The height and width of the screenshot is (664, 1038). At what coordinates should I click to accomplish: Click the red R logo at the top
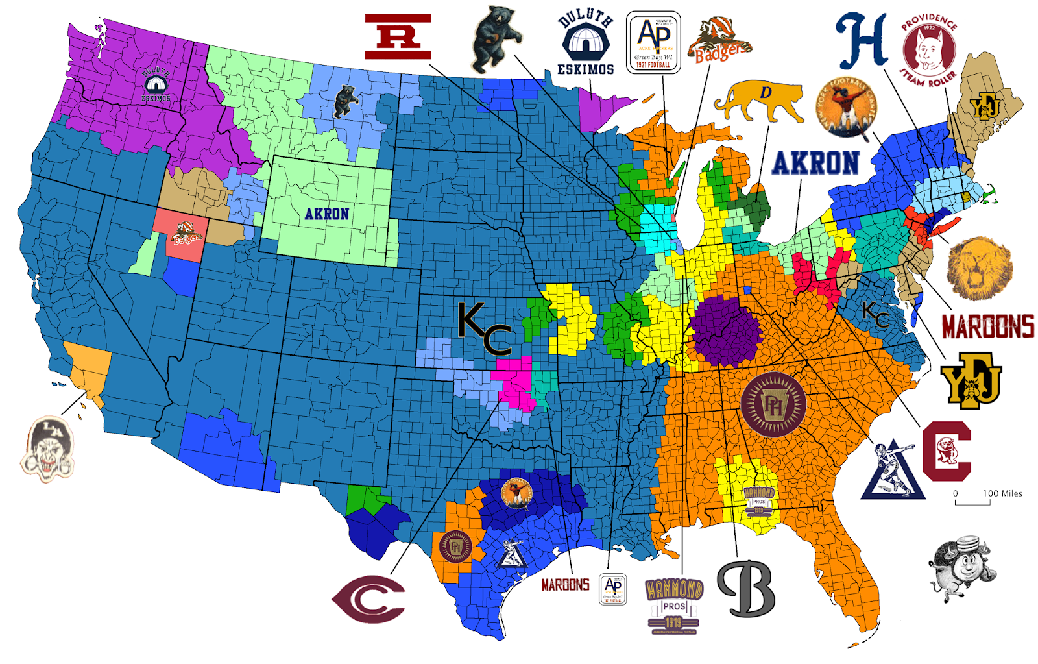pyautogui.click(x=398, y=36)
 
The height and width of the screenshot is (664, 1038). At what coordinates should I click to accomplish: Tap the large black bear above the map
pyautogui.click(x=495, y=39)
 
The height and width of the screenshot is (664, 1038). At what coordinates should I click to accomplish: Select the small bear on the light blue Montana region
pyautogui.click(x=344, y=102)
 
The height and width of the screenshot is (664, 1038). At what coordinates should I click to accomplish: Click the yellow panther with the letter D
pyautogui.click(x=758, y=101)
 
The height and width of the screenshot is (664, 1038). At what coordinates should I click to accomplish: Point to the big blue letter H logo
pyautogui.click(x=861, y=42)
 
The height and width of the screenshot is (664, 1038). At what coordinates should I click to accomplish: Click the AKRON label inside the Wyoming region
pyautogui.click(x=327, y=214)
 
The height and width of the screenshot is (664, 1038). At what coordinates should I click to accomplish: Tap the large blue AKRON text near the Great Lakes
pyautogui.click(x=815, y=163)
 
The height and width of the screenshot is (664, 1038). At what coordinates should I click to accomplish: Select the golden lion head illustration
pyautogui.click(x=979, y=268)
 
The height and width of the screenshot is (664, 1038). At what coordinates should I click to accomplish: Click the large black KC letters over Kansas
pyautogui.click(x=484, y=328)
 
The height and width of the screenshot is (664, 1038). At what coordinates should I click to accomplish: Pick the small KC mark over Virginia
pyautogui.click(x=876, y=315)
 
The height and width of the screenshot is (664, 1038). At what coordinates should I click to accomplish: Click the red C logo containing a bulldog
pyautogui.click(x=947, y=450)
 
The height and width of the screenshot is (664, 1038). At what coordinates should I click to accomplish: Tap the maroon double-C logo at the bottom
pyautogui.click(x=368, y=598)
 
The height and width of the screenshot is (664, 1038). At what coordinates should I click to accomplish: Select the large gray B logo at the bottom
pyautogui.click(x=746, y=588)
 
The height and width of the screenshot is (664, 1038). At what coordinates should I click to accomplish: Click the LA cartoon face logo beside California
pyautogui.click(x=48, y=448)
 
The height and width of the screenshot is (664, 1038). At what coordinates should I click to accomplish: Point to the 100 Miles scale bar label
pyautogui.click(x=1002, y=493)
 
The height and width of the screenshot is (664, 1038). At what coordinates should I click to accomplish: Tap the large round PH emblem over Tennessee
pyautogui.click(x=773, y=404)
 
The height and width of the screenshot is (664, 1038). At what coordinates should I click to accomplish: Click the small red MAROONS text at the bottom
pyautogui.click(x=565, y=585)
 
